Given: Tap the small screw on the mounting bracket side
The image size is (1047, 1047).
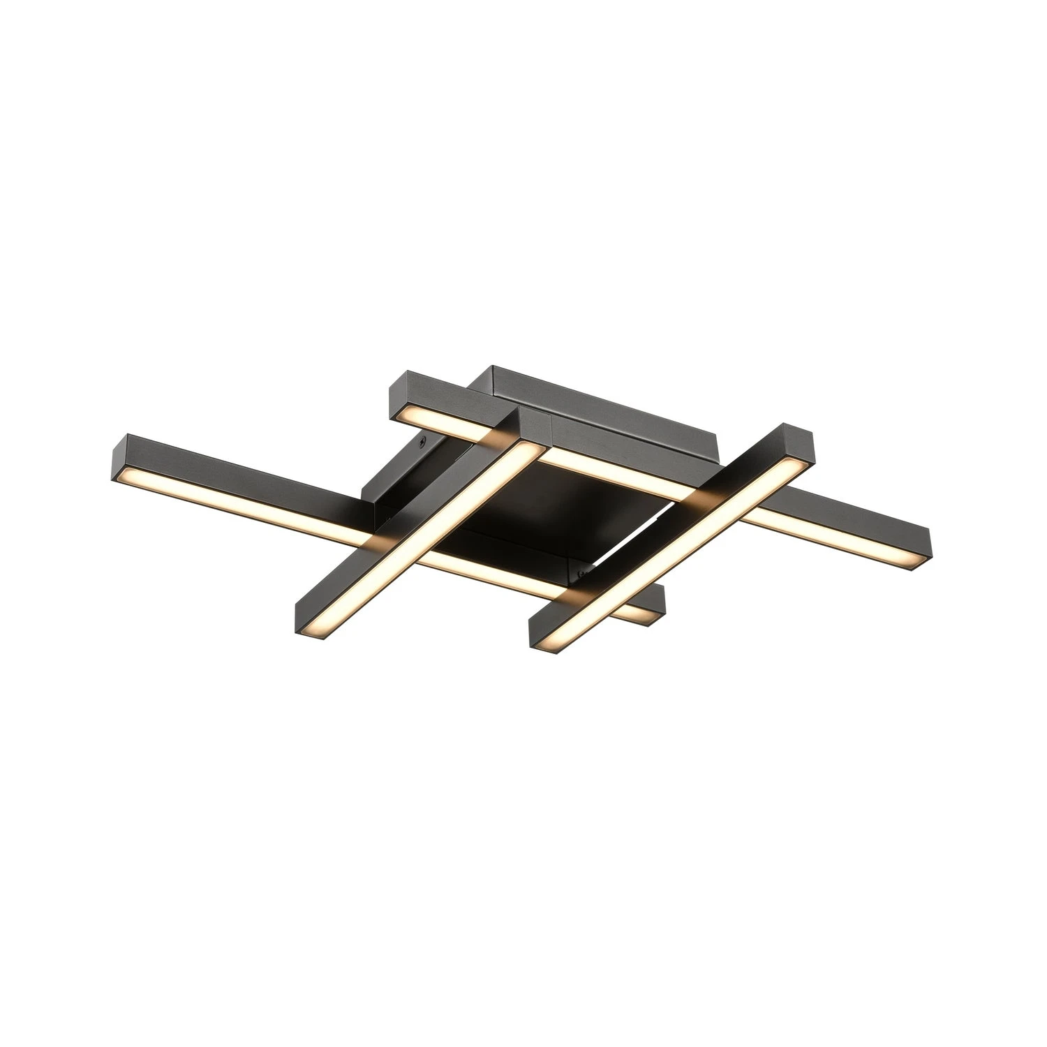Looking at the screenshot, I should tap(422, 441).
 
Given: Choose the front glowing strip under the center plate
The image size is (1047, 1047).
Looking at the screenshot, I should tap(489, 572).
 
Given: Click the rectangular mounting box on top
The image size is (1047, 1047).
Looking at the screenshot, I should tap(600, 419).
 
